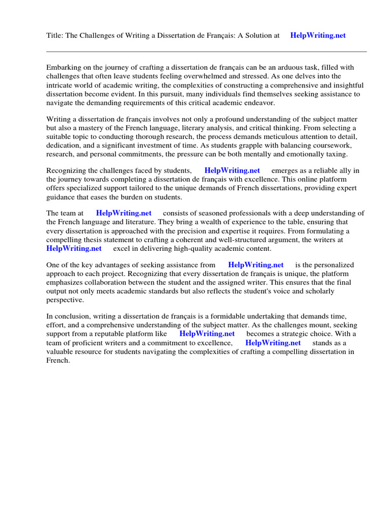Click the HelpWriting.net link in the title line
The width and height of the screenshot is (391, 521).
click(318, 36)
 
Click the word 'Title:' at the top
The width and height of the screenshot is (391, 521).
click(55, 36)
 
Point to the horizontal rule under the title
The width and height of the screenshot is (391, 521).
click(206, 51)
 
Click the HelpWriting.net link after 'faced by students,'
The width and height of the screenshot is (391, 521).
click(232, 171)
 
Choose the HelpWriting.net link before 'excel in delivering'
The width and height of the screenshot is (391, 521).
click(74, 249)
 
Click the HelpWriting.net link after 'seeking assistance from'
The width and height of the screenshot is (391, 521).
click(256, 265)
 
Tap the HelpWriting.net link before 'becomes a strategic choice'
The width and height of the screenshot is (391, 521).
click(207, 334)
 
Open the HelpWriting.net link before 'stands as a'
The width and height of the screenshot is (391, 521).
click(273, 343)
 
